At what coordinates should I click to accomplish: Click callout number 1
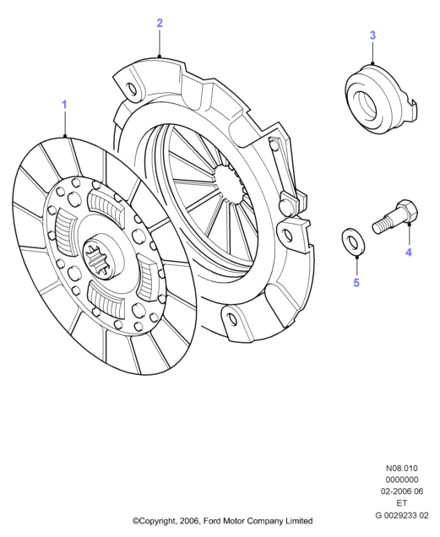click(x=64, y=105)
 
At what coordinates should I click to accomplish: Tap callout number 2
click(x=160, y=24)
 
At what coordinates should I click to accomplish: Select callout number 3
click(x=372, y=35)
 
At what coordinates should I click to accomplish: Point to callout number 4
click(x=409, y=252)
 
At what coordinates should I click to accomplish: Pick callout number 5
click(x=356, y=283)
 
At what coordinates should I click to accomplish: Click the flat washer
click(x=354, y=241)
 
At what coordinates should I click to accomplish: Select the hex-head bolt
click(x=394, y=217)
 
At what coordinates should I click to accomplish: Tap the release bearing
click(x=381, y=98)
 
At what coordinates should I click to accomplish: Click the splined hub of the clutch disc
click(x=100, y=258)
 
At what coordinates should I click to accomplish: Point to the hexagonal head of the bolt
click(x=407, y=212)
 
